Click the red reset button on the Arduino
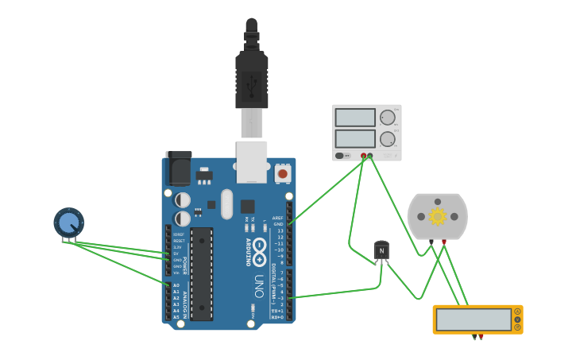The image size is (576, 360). (282, 172)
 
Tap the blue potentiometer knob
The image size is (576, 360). (69, 223)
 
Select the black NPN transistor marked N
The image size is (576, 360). (381, 251)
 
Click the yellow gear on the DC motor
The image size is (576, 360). (437, 216)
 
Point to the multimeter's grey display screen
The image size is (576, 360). (474, 319)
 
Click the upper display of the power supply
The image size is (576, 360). (354, 118)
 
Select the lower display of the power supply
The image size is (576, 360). (354, 138)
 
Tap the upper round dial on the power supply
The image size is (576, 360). (387, 118)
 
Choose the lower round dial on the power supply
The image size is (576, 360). (387, 139)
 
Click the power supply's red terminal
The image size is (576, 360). (364, 156)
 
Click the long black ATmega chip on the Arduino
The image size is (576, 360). (202, 274)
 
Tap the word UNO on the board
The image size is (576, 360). (259, 286)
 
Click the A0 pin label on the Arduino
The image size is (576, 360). (176, 285)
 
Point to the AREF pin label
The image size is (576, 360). (277, 218)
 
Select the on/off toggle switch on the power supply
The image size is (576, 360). (340, 156)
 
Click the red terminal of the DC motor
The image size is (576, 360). (443, 242)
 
